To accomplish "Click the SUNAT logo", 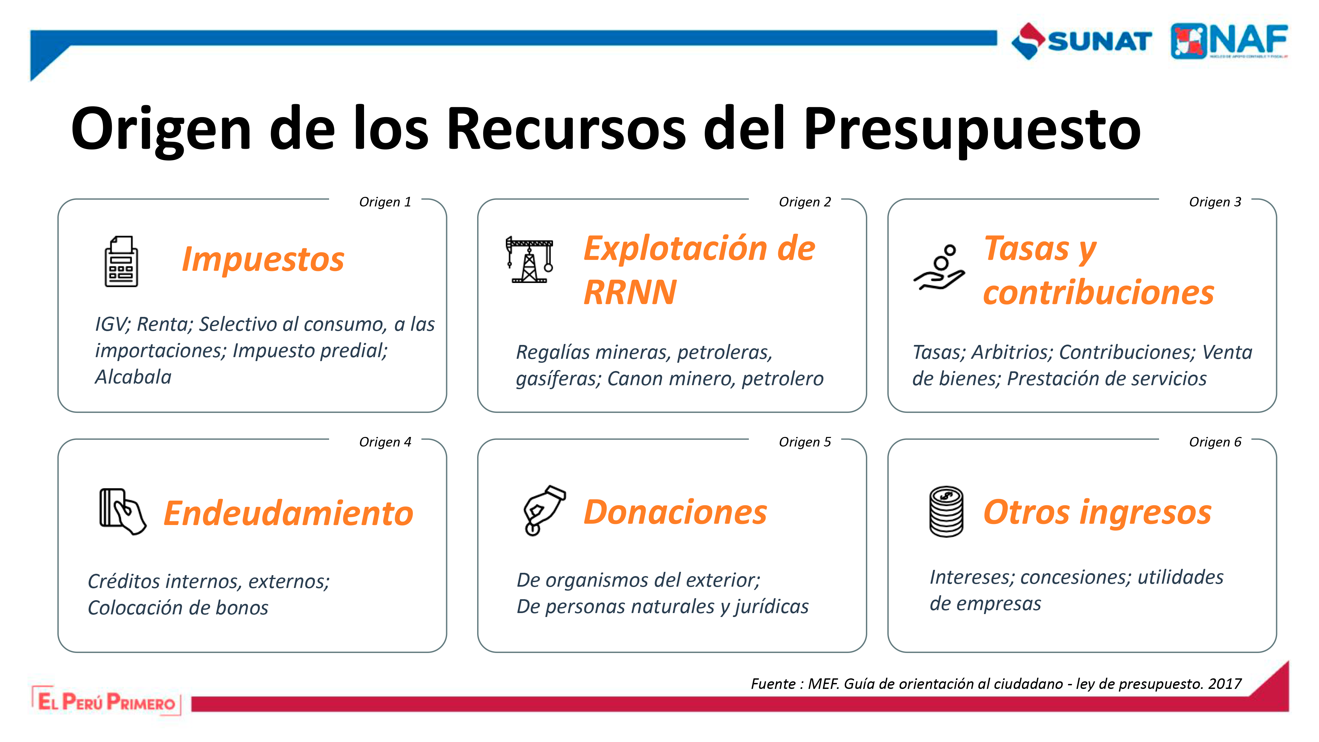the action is coord(1082,41).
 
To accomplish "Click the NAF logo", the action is coord(1229,41).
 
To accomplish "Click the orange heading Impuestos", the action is coord(263,260).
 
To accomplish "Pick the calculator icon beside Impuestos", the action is coord(121,261).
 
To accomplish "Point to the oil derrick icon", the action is coord(530,260).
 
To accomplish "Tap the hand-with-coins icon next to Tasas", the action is coord(939,267).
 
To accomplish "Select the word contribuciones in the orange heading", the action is coord(1099,293).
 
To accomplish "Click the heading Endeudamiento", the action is coord(288,513).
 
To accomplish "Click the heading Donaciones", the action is coord(675,512).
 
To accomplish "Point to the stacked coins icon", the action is coord(946,511).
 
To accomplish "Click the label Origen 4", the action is coord(385,442).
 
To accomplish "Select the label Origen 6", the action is coord(1215,442).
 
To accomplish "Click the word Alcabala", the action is coord(133,377).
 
